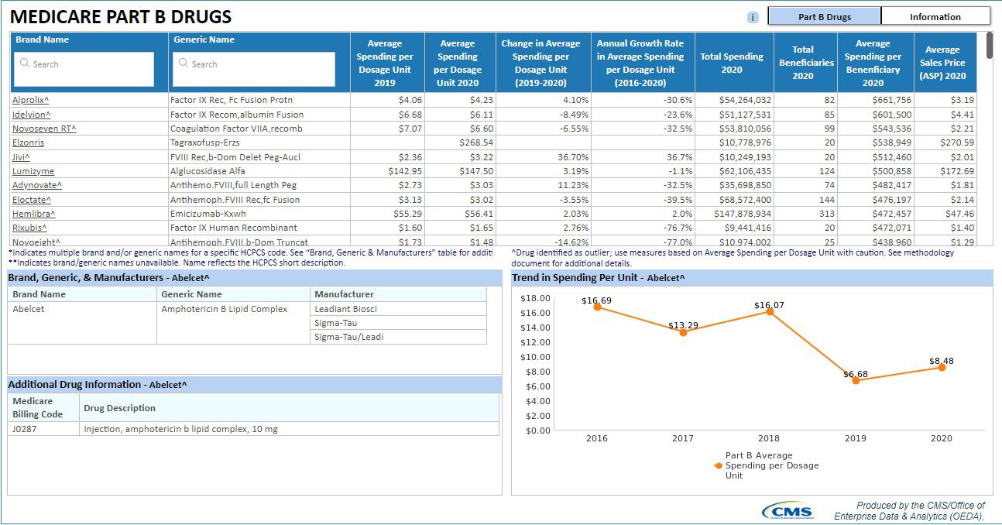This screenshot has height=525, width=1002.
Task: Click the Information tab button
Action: (935, 16)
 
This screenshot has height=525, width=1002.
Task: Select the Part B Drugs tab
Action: (825, 16)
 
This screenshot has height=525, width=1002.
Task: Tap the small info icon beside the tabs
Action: (753, 18)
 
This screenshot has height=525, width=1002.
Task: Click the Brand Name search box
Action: (84, 68)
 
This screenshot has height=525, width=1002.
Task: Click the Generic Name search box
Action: (254, 68)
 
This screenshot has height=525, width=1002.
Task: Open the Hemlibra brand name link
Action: (34, 214)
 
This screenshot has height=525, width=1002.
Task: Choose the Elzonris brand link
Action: (28, 142)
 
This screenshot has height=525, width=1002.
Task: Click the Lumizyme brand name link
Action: (33, 171)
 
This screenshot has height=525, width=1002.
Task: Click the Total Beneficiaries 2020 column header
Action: (805, 63)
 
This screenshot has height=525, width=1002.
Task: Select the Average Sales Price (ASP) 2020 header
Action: (942, 63)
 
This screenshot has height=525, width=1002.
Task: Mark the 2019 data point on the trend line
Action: (856, 380)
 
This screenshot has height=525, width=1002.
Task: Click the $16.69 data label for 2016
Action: (596, 300)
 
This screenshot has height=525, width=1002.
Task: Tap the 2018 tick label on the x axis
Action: (768, 438)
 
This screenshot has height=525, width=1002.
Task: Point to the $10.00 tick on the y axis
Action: (535, 357)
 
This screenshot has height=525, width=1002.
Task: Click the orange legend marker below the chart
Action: (719, 465)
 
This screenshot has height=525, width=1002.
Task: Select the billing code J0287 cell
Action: (25, 429)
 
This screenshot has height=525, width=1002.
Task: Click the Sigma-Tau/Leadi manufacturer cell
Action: (349, 337)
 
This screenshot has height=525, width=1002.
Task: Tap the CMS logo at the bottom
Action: (788, 511)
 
